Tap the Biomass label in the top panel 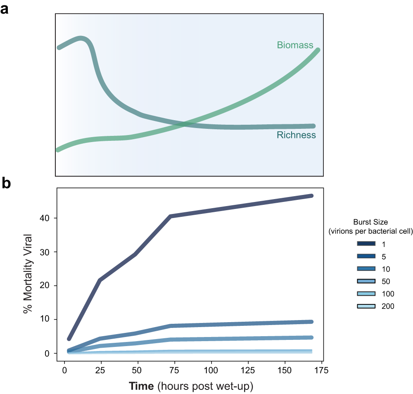[x=295, y=45]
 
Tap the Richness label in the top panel [x=296, y=135]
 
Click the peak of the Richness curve [x=81, y=39]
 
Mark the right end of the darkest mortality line [x=311, y=196]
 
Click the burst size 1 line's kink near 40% [x=170, y=216]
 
